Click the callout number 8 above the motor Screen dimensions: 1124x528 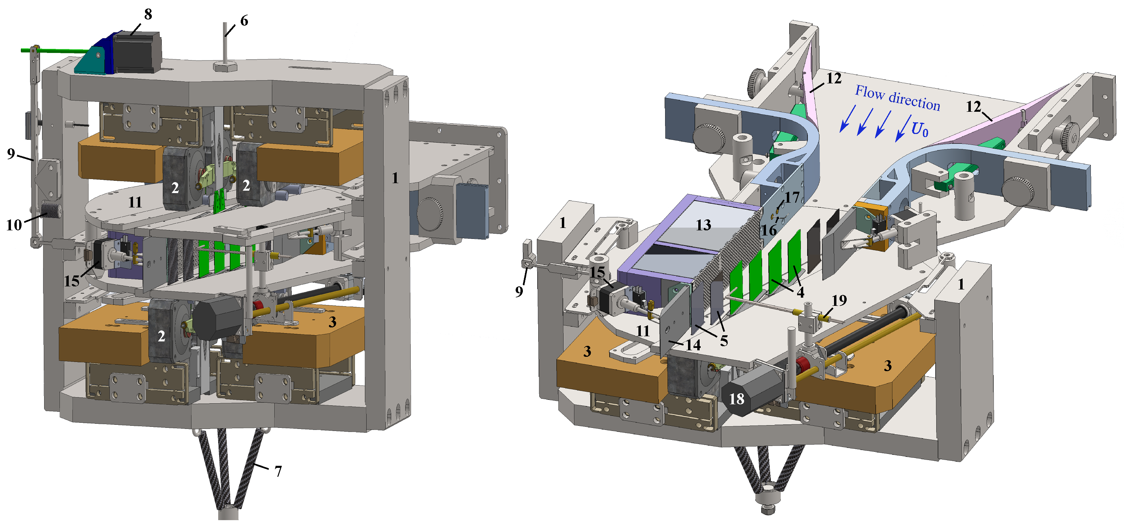(148, 14)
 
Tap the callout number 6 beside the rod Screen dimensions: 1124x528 (244, 21)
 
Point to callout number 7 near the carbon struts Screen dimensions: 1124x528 (278, 471)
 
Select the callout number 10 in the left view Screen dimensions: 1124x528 (14, 225)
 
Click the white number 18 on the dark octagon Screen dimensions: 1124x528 (737, 398)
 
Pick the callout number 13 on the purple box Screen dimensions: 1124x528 (703, 225)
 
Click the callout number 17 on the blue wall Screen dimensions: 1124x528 (792, 198)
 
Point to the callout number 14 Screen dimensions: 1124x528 (693, 345)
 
